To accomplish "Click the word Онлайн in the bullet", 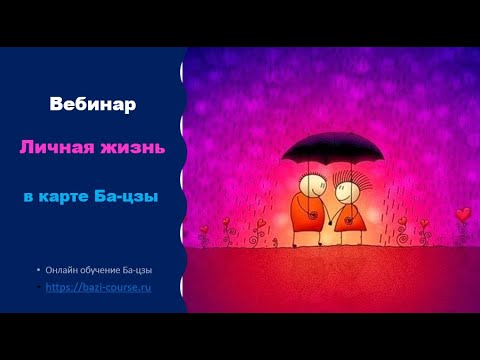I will click(64, 271).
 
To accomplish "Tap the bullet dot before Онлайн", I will click(38, 271).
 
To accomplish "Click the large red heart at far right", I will click(462, 213).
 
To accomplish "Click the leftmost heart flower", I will click(205, 232).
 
